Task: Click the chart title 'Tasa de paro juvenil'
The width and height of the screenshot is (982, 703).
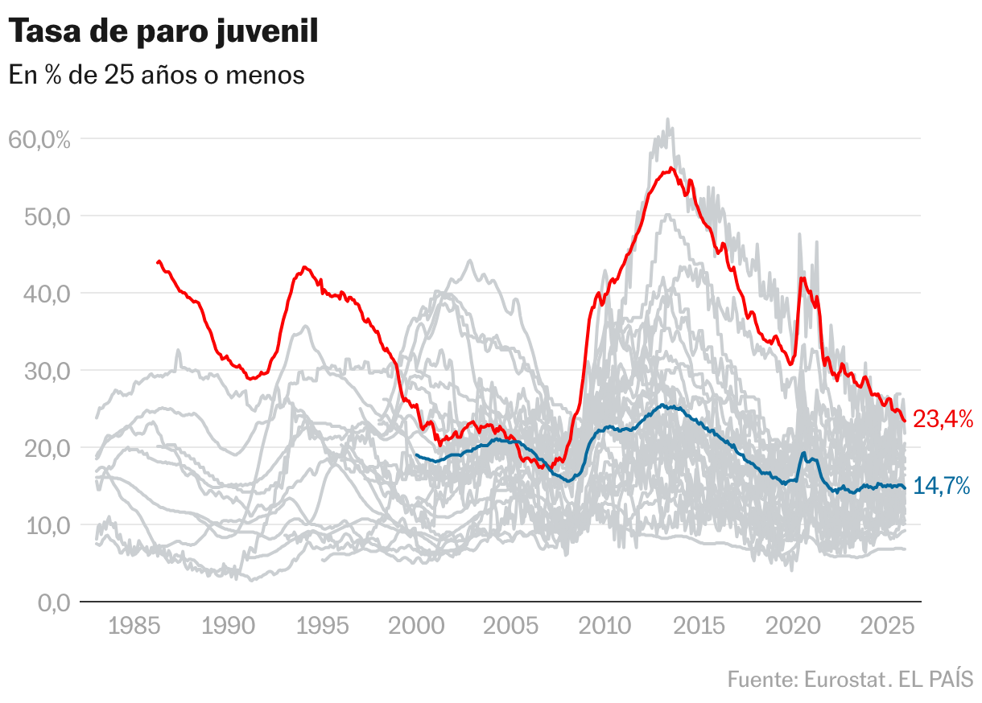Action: [x=163, y=32]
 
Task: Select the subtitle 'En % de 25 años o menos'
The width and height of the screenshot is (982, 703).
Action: [x=156, y=75]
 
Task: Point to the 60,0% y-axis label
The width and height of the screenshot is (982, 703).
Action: [x=39, y=139]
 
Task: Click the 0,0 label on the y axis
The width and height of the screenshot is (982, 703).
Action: [x=53, y=602]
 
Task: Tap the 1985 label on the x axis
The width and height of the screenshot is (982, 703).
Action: [x=134, y=627]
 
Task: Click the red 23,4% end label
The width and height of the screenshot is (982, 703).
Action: [x=943, y=419]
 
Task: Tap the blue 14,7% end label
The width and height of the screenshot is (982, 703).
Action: [x=942, y=487]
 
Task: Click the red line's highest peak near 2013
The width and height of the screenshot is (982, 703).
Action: [x=670, y=168]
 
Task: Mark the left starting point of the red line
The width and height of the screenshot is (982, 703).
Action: [x=158, y=262]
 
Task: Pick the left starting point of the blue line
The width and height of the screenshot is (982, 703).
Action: [x=416, y=455]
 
